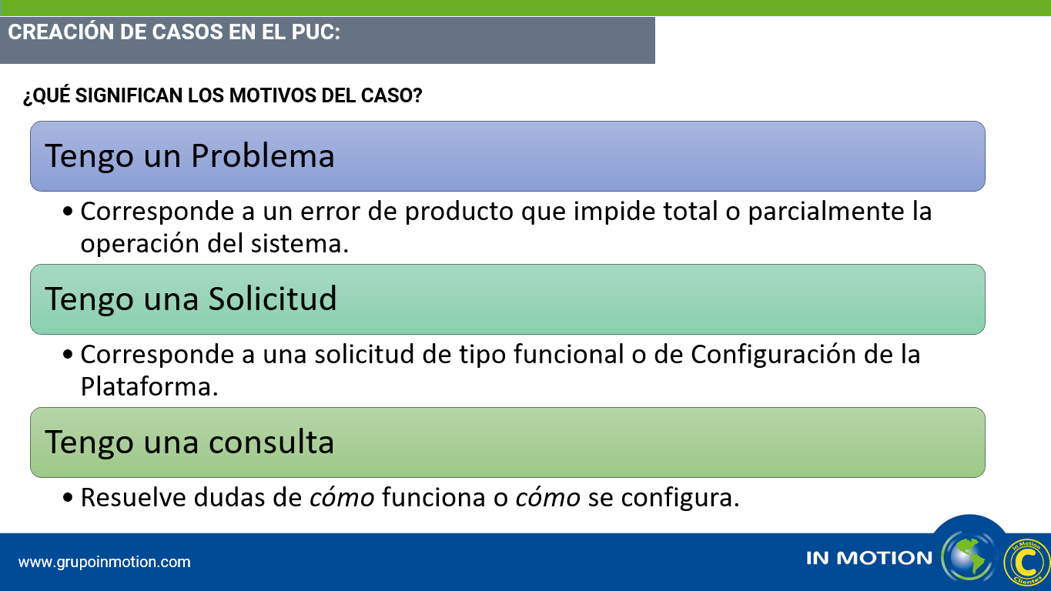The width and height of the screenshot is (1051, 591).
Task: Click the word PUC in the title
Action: click(316, 32)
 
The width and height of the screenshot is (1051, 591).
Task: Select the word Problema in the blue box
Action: click(263, 157)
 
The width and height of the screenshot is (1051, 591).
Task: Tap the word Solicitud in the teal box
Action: click(273, 299)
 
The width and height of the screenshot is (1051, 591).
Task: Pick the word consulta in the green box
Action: click(271, 442)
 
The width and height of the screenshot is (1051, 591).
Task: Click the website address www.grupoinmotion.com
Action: click(104, 562)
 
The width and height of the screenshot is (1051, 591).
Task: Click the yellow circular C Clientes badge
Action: click(1026, 562)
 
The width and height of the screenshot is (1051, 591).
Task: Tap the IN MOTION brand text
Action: click(869, 558)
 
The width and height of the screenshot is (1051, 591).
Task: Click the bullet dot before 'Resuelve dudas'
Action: click(68, 497)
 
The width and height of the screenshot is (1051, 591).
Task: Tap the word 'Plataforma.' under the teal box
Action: click(149, 387)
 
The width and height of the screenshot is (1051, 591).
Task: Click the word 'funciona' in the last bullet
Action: click(433, 498)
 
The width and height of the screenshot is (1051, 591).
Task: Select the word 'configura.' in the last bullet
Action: click(681, 498)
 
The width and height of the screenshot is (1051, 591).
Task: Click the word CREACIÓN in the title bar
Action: click(61, 32)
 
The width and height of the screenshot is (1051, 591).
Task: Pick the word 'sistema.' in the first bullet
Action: click(300, 244)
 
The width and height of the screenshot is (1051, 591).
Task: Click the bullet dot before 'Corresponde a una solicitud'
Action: click(68, 354)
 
